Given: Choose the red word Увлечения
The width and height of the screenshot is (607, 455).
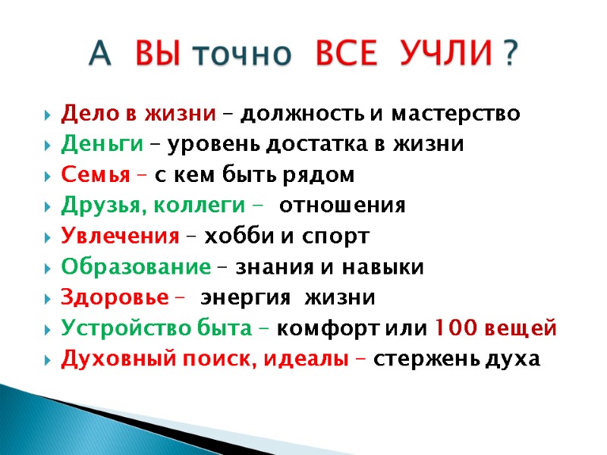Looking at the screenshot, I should (x=118, y=237).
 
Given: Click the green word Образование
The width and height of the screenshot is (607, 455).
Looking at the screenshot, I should (x=135, y=268).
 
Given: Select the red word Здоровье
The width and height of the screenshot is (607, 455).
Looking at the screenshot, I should (x=114, y=298).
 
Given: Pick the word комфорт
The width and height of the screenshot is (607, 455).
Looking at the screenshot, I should (x=319, y=329).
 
